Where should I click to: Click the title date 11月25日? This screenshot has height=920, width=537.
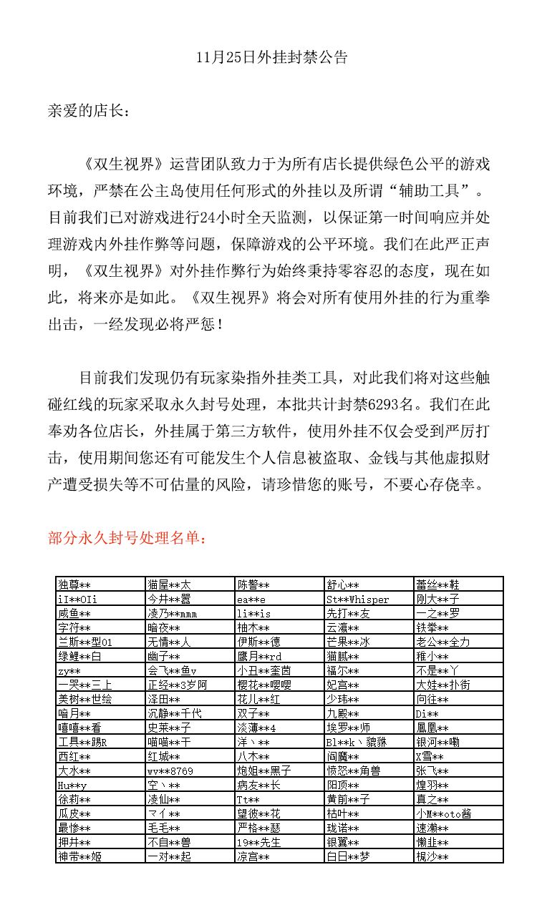pos(220,58)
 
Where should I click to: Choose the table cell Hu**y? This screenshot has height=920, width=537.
pos(72,785)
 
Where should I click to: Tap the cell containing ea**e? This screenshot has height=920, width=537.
pos(251,599)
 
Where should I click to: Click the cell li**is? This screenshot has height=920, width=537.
pos(254,613)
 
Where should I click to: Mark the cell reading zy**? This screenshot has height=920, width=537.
pos(69,670)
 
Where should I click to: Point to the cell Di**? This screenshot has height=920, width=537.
pos(427,713)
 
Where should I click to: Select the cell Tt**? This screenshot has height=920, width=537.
pos(248,799)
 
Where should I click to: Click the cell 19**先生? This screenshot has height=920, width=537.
pos(261,842)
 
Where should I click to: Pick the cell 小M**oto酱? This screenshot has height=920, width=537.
pos(444,813)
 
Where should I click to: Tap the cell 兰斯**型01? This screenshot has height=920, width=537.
pos(84,642)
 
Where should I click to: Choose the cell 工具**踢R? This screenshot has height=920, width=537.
pos(82,742)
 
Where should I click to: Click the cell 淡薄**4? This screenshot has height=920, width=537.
pos(257,728)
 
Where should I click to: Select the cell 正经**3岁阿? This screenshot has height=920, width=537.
pos(177,685)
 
